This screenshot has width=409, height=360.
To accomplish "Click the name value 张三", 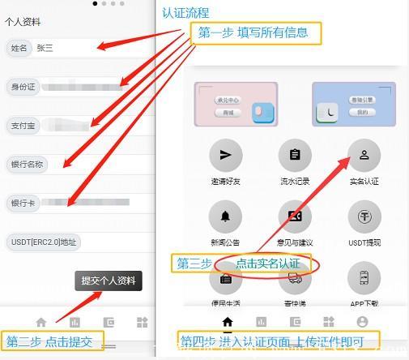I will coord(45,48).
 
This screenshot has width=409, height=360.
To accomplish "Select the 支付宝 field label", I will coord(22,125).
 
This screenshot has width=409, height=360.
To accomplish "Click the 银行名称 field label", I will coord(26,164).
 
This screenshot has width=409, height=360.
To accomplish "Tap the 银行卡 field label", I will coord(22,203).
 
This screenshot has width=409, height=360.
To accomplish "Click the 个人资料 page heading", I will coord(23,23).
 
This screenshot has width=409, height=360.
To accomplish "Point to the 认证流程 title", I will coord(185,12).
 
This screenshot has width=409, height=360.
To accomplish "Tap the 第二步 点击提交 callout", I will coord(53,341).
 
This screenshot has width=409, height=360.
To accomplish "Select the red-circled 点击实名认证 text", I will coord(268,264).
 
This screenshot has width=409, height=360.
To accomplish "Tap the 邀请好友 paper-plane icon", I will coord(225,154).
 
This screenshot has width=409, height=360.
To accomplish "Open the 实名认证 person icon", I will coord(364,154).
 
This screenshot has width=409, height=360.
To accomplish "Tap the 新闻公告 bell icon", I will coord(225,216).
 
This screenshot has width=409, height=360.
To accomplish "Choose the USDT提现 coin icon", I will coord(364,216).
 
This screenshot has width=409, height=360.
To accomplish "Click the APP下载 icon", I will coord(364,278).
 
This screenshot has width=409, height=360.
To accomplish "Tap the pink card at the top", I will coord(231,104).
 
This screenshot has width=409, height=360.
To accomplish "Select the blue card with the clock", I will coord(353,104).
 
